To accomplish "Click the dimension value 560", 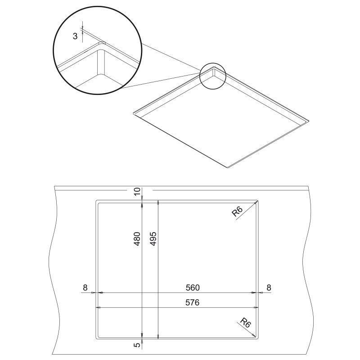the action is coord(193,288).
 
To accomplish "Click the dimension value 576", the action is coord(193,302).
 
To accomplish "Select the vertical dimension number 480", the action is coord(137,239).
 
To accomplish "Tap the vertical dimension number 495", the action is coord(153,239).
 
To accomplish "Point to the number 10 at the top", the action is coord(137,191).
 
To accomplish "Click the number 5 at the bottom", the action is coord(137,345).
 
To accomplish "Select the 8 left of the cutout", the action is coord(85,288).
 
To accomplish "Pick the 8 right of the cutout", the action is coord(269,288).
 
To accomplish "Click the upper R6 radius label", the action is coord(237,211).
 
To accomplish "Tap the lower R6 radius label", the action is coord(245,323).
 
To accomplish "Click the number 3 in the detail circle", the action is coord(75,36).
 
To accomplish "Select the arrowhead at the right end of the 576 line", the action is coord(255,307).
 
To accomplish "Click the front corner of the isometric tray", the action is coord(228,167).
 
